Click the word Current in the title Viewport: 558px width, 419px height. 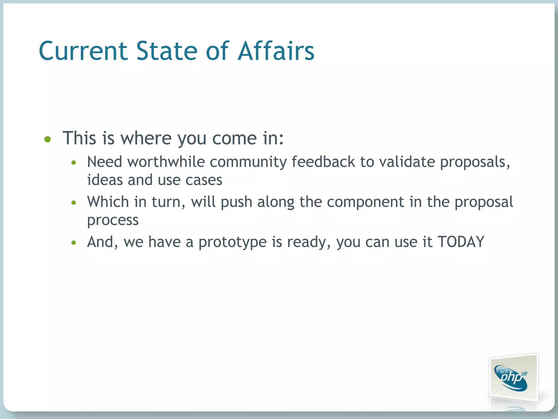83,51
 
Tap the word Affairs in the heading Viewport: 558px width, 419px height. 276,51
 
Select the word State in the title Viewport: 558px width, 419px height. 167,51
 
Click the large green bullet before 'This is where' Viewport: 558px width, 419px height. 48,140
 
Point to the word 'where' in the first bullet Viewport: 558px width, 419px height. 146,138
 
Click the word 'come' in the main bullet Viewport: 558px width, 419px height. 234,138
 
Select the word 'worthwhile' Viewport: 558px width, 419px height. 166,162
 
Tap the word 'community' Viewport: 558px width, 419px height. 248,162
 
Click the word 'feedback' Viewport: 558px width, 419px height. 323,162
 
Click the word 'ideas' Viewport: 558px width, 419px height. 105,180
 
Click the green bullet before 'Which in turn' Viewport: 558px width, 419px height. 74,203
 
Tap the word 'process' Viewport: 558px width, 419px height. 113,220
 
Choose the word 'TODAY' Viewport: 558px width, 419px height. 461,242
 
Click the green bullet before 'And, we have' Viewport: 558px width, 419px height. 74,243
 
